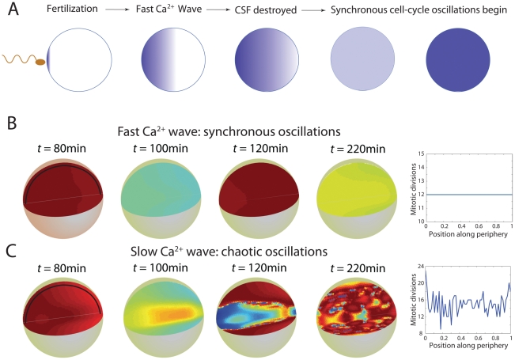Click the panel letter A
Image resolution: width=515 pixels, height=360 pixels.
[x=10, y=10]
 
